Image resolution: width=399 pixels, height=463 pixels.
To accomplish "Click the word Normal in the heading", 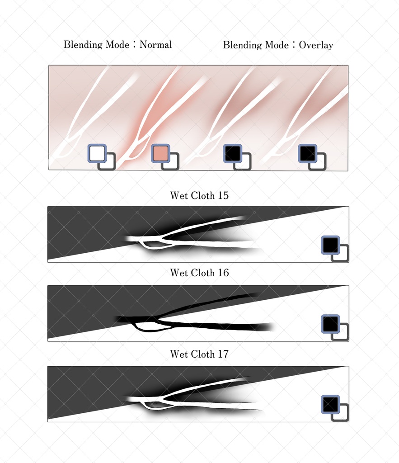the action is [x=155, y=45].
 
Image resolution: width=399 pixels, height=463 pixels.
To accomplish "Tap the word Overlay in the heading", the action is [x=316, y=45].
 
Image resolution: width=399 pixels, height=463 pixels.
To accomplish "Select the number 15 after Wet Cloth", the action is [x=223, y=195].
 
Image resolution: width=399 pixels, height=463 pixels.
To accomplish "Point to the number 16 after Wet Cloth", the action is [x=223, y=273].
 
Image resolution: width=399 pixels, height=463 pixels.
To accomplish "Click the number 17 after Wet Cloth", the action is [x=223, y=354].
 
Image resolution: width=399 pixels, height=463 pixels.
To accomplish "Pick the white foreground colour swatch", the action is [x=97, y=153].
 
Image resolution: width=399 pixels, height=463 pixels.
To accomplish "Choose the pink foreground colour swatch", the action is [x=160, y=153].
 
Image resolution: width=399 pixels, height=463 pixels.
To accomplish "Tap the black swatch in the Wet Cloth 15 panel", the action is [x=330, y=245].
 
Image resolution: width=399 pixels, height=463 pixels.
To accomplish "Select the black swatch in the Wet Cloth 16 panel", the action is [x=330, y=324].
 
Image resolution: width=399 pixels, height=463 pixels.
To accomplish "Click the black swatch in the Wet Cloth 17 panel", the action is [x=330, y=405].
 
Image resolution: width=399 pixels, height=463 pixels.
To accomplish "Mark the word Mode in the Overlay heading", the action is [x=277, y=45].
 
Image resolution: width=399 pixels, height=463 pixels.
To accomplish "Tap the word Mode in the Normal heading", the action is [x=117, y=45].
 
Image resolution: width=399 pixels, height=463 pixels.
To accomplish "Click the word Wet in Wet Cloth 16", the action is [x=179, y=273].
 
